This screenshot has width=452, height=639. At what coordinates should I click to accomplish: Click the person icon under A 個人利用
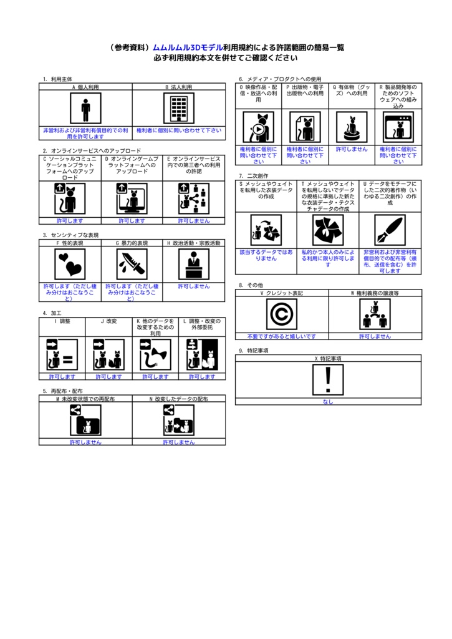(x=85, y=109)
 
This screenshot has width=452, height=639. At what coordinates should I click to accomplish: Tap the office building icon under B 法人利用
(x=179, y=109)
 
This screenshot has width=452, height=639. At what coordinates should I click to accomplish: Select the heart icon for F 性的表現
(x=70, y=265)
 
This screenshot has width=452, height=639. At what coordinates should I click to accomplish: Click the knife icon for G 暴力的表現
(x=132, y=265)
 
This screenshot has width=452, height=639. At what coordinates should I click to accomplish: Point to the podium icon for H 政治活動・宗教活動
(x=194, y=265)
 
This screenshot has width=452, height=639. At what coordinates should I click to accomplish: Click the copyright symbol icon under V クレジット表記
(x=281, y=314)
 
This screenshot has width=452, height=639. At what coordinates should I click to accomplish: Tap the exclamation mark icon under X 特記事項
(x=328, y=380)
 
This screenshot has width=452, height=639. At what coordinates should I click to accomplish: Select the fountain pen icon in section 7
(x=390, y=230)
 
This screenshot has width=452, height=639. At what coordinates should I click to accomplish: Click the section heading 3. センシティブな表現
(x=70, y=235)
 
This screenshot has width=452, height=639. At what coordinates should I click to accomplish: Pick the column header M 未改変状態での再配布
(x=85, y=398)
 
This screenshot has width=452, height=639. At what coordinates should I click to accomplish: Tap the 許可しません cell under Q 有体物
(x=352, y=150)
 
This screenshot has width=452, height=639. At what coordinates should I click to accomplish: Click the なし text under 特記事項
(x=328, y=402)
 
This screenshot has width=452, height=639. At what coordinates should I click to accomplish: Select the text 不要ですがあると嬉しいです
(x=281, y=336)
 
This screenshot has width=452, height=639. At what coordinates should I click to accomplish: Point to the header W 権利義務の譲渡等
(x=375, y=293)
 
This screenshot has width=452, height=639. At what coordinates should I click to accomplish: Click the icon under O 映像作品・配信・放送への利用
(x=258, y=127)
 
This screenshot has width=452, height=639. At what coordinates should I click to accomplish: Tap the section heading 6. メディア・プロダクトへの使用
(x=280, y=79)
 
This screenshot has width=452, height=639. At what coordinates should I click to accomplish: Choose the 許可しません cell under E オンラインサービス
(x=194, y=221)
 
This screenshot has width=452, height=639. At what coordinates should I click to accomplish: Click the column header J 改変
(x=108, y=321)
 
